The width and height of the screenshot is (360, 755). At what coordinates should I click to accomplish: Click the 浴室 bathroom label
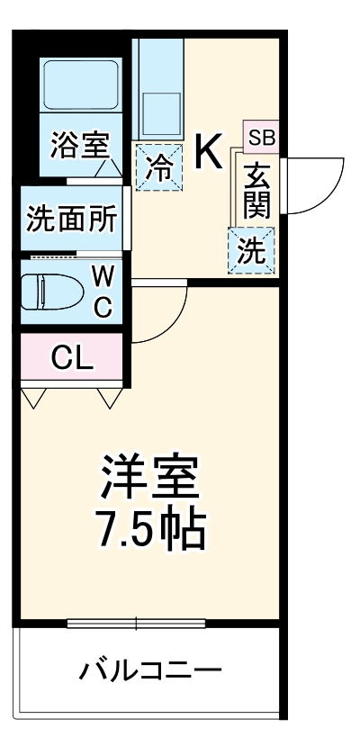(x=79, y=147)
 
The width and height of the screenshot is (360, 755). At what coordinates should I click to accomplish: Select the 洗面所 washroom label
(x=70, y=220)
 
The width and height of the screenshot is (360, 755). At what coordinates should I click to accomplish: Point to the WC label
(x=103, y=292)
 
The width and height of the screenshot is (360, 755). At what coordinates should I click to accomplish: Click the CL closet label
(x=72, y=357)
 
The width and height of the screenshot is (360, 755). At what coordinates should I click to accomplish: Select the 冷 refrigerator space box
(x=157, y=167)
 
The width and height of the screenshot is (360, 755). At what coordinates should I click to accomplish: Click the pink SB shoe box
(x=262, y=138)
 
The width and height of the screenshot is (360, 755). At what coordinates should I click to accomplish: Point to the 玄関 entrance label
(x=256, y=191)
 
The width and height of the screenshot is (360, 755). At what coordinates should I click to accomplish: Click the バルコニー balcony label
(x=149, y=670)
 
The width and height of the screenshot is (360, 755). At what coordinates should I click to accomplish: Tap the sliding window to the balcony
(x=137, y=623)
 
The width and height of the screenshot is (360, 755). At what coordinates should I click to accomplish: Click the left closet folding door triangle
(x=35, y=397)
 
